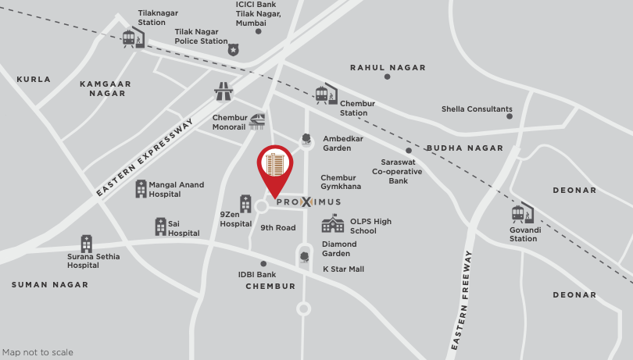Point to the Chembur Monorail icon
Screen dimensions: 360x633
[256, 121]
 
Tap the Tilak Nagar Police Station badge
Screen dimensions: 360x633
[233, 50]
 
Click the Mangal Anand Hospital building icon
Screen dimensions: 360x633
[141, 188]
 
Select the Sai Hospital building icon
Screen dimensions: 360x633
[160, 226]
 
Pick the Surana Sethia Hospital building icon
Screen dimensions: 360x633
[86, 244]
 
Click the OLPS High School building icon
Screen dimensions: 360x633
[333, 224]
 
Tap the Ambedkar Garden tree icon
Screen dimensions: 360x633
[306, 140]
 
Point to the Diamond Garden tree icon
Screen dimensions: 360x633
[304, 257]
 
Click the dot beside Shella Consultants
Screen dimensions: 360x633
[510, 116]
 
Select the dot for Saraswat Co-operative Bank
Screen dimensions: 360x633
[408, 151]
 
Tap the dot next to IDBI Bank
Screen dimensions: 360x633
[263, 264]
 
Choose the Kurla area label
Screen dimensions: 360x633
[34, 80]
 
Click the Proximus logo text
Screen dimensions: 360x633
[308, 201]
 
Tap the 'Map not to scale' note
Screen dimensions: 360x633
[38, 352]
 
